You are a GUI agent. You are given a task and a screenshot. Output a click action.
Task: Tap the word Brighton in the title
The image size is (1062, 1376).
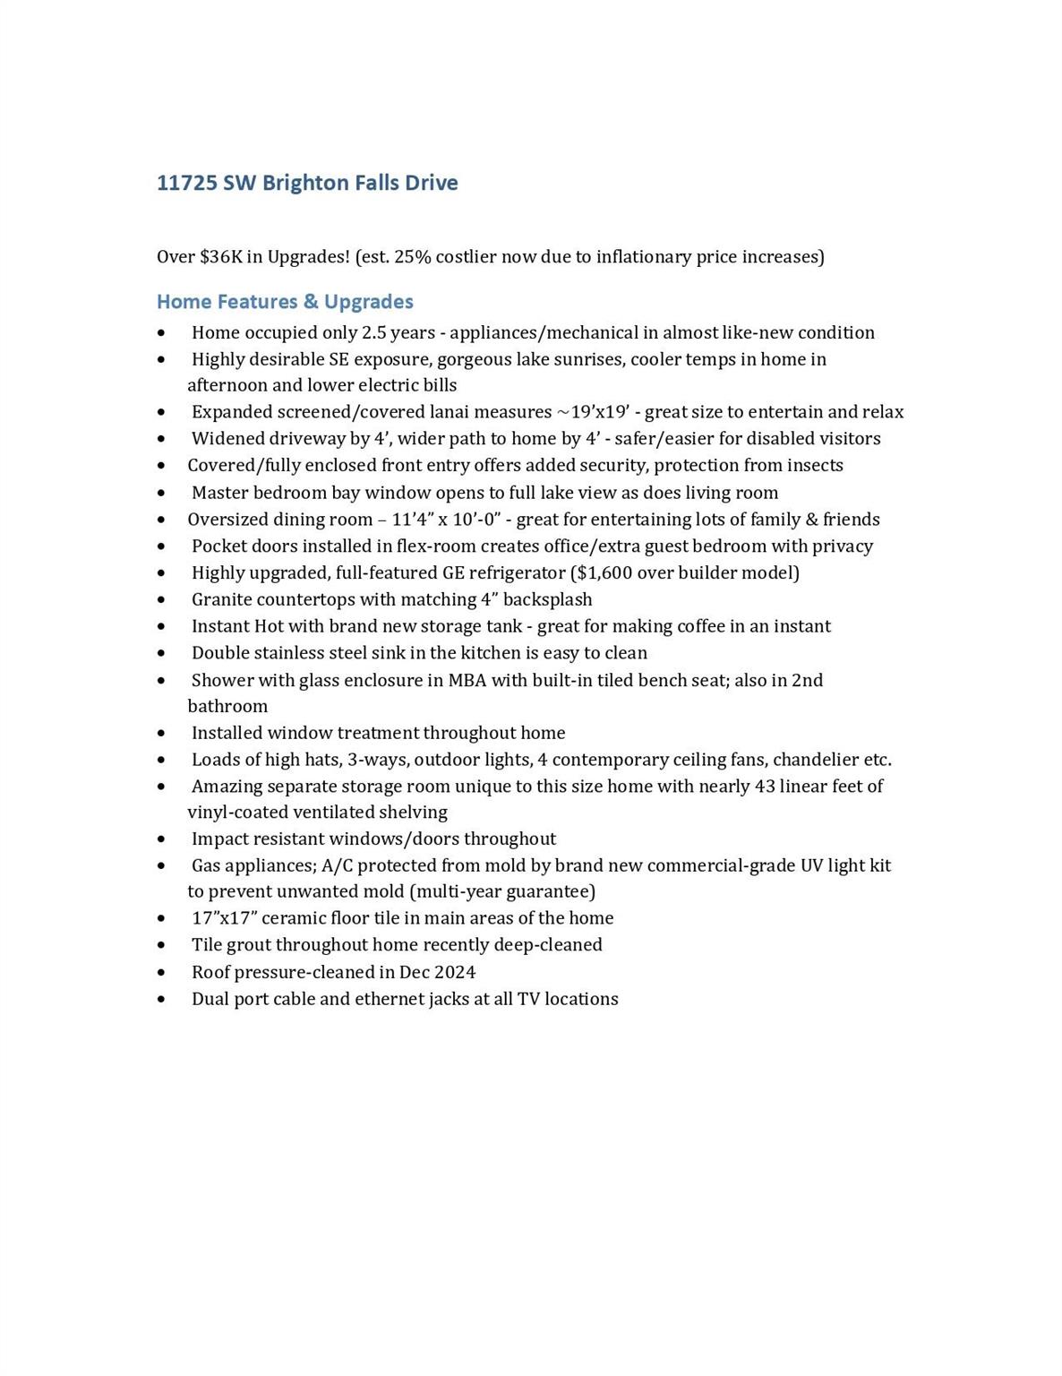point(305,183)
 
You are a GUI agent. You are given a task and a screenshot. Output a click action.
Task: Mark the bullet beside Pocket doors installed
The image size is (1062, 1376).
point(161,546)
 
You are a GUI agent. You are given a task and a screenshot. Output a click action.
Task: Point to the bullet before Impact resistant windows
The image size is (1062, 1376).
point(161,839)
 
